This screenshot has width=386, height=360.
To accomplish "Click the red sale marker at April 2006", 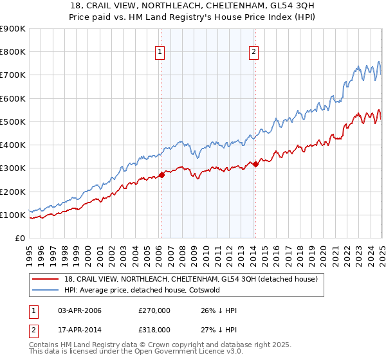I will click(161, 175).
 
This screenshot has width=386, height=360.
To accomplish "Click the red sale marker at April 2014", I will click(255, 164).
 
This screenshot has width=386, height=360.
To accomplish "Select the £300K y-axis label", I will click(13, 168).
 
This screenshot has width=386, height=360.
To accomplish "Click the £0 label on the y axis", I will click(20, 239).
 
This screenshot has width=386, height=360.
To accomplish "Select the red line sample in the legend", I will click(46, 280).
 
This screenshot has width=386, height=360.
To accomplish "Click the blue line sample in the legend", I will click(46, 290).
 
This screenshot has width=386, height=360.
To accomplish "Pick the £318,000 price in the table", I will click(154, 329).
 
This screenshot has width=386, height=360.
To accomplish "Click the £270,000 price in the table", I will click(154, 311).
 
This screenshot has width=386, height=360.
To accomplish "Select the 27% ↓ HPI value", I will click(219, 329).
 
